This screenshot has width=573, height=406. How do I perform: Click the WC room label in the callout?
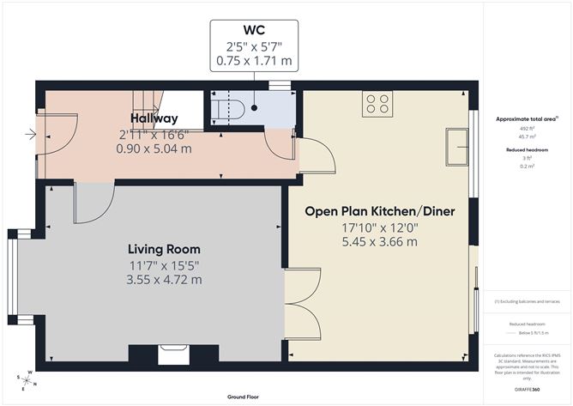(254, 33)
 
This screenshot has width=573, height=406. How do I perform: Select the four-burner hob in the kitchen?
(377, 103)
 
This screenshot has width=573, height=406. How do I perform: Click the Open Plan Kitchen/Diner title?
(379, 211)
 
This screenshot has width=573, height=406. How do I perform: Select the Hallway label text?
(154, 118)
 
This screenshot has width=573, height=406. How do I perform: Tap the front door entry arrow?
(32, 134)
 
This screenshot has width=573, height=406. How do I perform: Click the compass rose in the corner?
(27, 378)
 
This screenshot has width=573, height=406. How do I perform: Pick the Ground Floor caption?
(244, 397)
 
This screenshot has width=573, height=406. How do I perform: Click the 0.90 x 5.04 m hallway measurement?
(154, 148)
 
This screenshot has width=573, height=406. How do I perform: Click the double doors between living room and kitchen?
(302, 301)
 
